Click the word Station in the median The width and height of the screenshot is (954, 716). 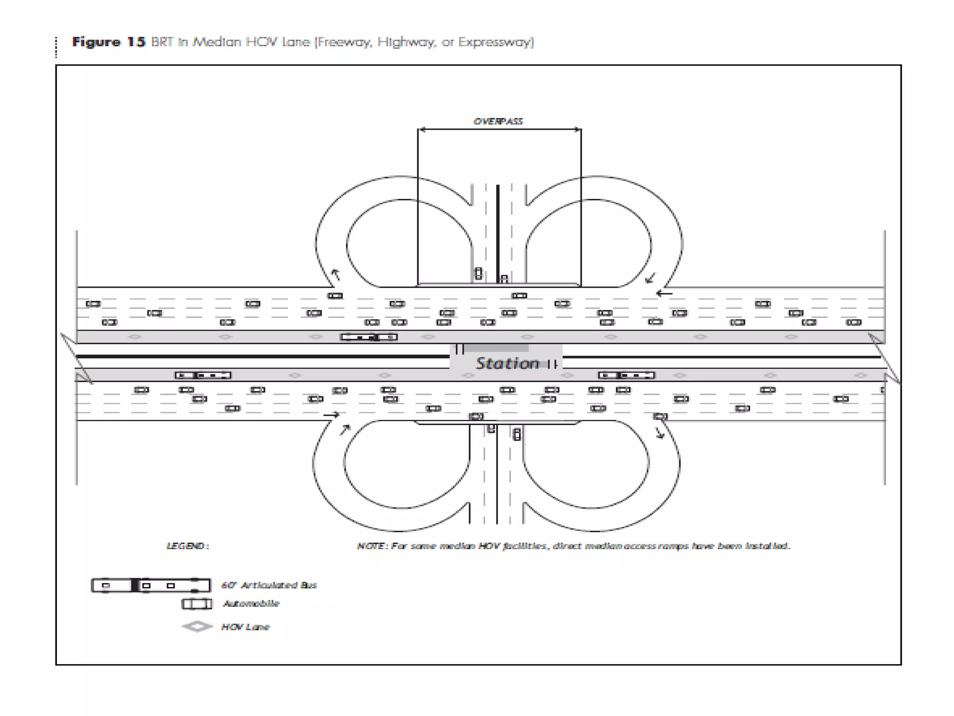tap(507, 363)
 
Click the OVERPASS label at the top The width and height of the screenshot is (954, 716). tap(498, 121)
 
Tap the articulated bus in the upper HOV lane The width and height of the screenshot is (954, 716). tap(368, 337)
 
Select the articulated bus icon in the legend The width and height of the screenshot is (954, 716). tap(150, 585)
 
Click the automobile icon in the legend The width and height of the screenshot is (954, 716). tap(196, 604)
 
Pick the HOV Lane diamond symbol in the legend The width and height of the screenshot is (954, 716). tap(197, 626)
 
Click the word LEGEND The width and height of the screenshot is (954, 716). tap(187, 546)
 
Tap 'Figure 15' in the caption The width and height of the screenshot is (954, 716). tap(108, 42)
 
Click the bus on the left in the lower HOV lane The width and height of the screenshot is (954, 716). tap(203, 375)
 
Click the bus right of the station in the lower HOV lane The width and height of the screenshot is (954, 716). tap(626, 375)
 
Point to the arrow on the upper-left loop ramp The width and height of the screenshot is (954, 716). tap(335, 275)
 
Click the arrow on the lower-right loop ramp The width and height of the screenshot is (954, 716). tap(659, 433)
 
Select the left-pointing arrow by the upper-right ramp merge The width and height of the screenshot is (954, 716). tap(664, 293)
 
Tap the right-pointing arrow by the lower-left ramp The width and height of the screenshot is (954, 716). tap(331, 414)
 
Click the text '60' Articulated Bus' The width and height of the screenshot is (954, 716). tap(269, 585)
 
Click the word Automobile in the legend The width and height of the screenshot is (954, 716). tap(251, 604)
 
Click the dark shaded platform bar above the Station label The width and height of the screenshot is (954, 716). tap(497, 348)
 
